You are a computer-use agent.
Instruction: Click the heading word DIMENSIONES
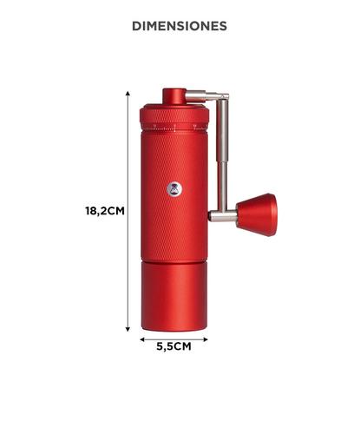tap(180, 26)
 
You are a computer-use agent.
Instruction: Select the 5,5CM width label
tap(173, 345)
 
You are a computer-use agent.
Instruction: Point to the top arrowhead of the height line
tap(128, 89)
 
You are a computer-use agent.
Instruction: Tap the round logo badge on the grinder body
tap(173, 187)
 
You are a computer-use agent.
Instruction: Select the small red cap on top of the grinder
tap(173, 95)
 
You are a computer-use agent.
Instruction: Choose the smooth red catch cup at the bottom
tap(173, 295)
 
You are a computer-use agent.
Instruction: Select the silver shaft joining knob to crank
tap(222, 215)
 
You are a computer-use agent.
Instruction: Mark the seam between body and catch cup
tap(173, 261)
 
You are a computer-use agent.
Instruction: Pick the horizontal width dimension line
tap(173, 339)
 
